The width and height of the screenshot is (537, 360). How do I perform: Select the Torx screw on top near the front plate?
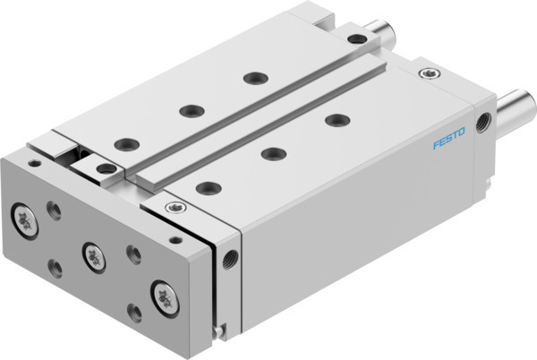[x=173, y=209]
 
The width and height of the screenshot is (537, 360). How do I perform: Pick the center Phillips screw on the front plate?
[x=91, y=255]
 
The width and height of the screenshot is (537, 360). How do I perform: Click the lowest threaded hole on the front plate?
[x=134, y=311]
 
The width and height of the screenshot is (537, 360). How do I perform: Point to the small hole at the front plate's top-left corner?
[x=35, y=164]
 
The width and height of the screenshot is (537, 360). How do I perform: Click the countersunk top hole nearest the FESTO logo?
[x=336, y=120]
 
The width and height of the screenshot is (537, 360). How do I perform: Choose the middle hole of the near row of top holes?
[x=272, y=154]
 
